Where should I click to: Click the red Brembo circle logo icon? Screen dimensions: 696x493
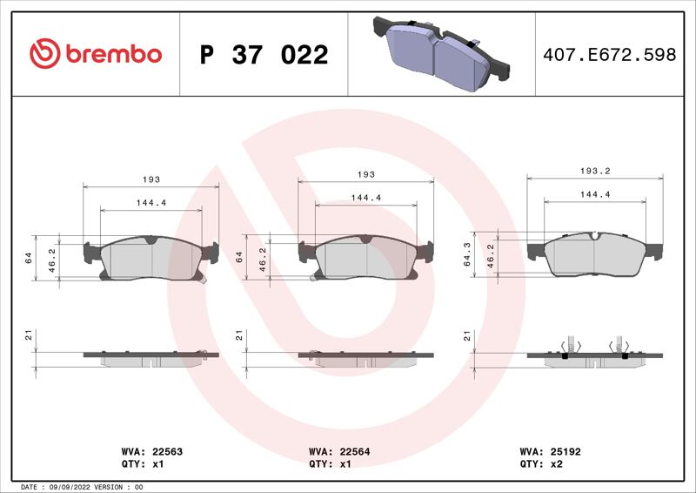click(x=45, y=54)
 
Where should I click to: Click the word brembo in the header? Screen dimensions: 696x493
click(x=114, y=54)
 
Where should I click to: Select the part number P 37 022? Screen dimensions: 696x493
click(x=264, y=55)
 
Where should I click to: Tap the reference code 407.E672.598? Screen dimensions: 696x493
click(x=610, y=55)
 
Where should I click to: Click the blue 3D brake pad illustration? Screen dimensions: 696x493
click(x=441, y=54)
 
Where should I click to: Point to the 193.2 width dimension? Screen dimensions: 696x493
click(x=595, y=171)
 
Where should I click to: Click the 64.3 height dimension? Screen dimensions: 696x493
click(x=467, y=254)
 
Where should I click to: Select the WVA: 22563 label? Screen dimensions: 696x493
click(x=151, y=452)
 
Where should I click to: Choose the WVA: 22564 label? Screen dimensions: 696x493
click(x=339, y=452)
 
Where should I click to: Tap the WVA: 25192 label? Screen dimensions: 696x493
click(x=550, y=452)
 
